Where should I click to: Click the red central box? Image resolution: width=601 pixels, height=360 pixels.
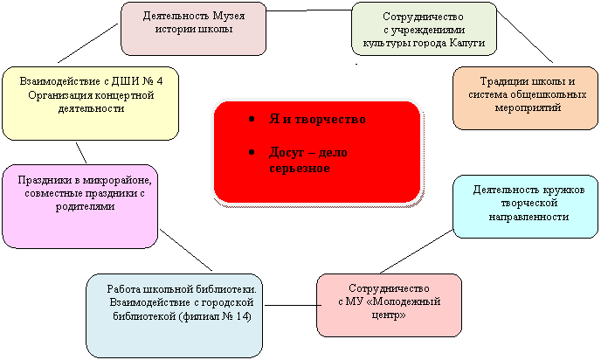coord(317,152)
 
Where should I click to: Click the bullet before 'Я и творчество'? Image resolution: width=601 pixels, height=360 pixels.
coord(252,119)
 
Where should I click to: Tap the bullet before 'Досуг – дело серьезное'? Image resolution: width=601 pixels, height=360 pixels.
coord(252,153)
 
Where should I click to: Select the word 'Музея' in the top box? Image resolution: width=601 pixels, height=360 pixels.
coord(229,16)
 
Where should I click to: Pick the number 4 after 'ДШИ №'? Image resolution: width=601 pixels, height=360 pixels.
coord(160,81)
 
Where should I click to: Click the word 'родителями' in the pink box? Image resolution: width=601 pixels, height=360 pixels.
coord(85,206)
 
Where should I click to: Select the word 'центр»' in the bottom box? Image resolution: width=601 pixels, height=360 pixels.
coord(389,315)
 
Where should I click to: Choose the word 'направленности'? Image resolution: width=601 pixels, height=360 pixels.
coord(528,217)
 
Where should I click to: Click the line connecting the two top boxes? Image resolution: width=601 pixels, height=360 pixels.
coord(308,10)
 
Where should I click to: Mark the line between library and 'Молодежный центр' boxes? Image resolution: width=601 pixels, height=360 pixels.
coord(293,306)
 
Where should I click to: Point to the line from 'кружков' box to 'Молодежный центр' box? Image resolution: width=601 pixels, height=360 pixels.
coord(417,252)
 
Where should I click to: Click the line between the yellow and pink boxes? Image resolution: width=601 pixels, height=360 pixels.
coord(81,153)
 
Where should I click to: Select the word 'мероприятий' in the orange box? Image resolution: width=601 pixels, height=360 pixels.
coord(528,107)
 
